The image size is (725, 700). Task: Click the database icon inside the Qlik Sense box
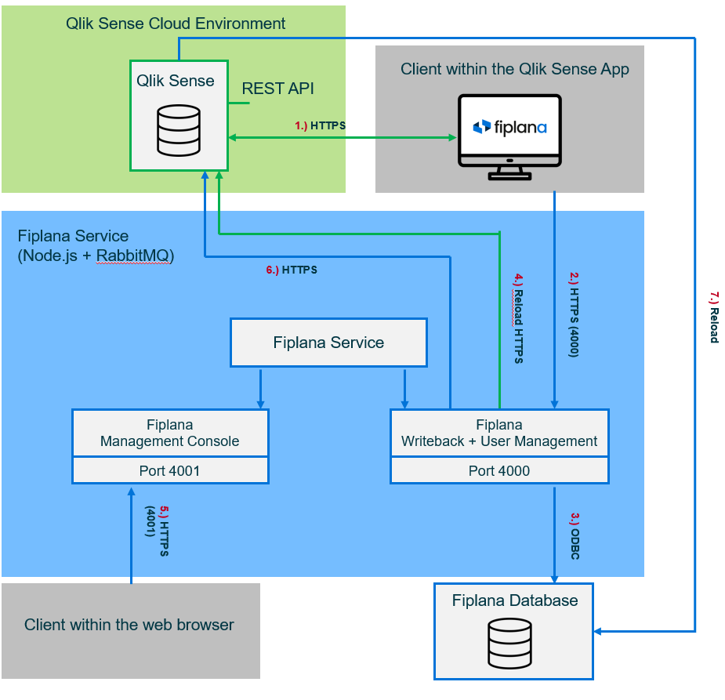(179, 130)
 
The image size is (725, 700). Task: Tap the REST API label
(277, 89)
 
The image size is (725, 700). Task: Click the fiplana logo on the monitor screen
(509, 127)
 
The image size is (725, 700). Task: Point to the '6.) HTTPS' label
(292, 270)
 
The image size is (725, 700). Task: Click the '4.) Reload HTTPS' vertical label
(518, 318)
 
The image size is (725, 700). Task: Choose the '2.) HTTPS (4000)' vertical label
(574, 314)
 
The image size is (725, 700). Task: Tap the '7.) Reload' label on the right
(713, 317)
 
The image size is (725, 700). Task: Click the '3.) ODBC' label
(575, 536)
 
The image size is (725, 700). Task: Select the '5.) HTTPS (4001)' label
(157, 531)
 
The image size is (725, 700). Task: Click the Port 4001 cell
(169, 471)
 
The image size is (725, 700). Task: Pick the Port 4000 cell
(499, 471)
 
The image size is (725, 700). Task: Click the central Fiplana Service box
(328, 343)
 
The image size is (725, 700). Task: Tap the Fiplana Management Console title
(169, 433)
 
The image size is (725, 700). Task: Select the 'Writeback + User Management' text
(499, 441)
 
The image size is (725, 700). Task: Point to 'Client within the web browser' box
(129, 626)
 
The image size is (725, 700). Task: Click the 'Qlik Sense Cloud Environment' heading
(176, 24)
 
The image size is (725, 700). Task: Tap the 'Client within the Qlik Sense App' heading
(514, 69)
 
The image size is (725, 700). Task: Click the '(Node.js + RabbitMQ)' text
(96, 256)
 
